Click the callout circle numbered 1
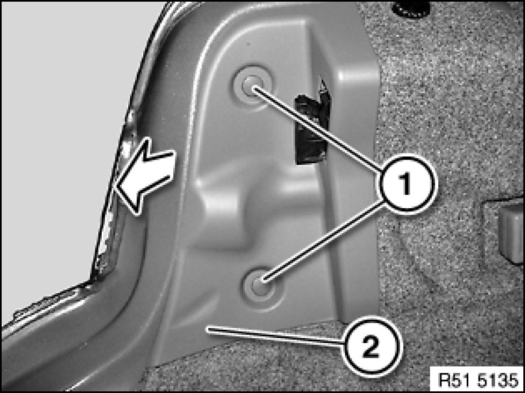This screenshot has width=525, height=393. click(406, 184)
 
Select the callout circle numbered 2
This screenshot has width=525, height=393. click(372, 346)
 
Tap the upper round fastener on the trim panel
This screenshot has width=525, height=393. click(252, 85)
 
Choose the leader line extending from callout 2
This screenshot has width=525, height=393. click(275, 336)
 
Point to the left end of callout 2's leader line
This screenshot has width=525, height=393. click(208, 329)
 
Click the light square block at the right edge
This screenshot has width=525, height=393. click(511, 234)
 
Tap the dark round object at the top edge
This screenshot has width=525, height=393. click(411, 9)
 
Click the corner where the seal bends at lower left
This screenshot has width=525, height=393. click(91, 280)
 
